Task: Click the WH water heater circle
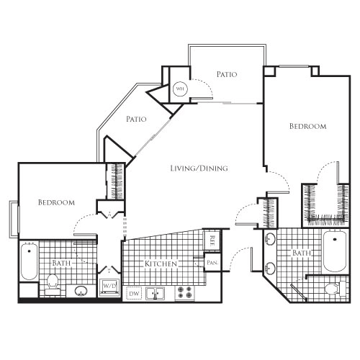tap(180, 90)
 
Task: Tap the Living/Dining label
tap(199, 168)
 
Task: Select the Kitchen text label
tap(161, 264)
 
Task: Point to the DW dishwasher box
tap(132, 294)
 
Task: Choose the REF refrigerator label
tap(212, 239)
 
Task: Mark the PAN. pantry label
tap(212, 264)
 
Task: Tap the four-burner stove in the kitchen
tap(184, 293)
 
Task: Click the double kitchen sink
tap(156, 293)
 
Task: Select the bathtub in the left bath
tap(28, 263)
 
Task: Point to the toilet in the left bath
tap(53, 285)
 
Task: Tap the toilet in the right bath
tap(331, 289)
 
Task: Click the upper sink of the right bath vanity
tap(269, 240)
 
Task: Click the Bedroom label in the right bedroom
tap(307, 126)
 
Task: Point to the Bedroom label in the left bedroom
tap(56, 203)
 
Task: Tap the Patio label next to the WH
tap(227, 74)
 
